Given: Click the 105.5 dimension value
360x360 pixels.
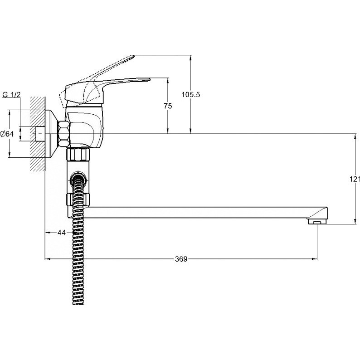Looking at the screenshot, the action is pos(191,94).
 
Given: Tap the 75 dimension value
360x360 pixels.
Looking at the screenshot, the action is pos(168,106).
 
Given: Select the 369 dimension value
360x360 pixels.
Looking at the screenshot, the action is pos(181,259).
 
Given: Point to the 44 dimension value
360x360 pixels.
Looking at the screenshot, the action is pos(61,233).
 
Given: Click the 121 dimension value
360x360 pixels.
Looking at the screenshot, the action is pos(355,179).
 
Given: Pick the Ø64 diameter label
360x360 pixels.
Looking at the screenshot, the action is pos(7,134).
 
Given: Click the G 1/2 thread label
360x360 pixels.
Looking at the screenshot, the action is pos(11,94).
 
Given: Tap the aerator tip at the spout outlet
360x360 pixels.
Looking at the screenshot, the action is pos(317,222).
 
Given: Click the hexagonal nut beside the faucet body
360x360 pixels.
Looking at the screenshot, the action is pos(64,133).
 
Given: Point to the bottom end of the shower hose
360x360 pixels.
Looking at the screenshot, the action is pos(78,303).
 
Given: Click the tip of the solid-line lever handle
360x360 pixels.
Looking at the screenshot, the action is pos(149,79).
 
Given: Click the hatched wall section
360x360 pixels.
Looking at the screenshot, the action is pos(37,134).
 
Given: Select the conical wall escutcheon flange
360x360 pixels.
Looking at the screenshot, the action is pos(52,134).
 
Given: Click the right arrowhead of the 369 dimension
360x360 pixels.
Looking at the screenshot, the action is pos(314,259).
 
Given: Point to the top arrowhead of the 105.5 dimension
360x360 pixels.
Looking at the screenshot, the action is pos(190,58).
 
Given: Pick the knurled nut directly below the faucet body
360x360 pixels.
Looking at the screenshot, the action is pos(78,155).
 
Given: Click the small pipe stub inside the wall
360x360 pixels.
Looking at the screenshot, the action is pos(41,134).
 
